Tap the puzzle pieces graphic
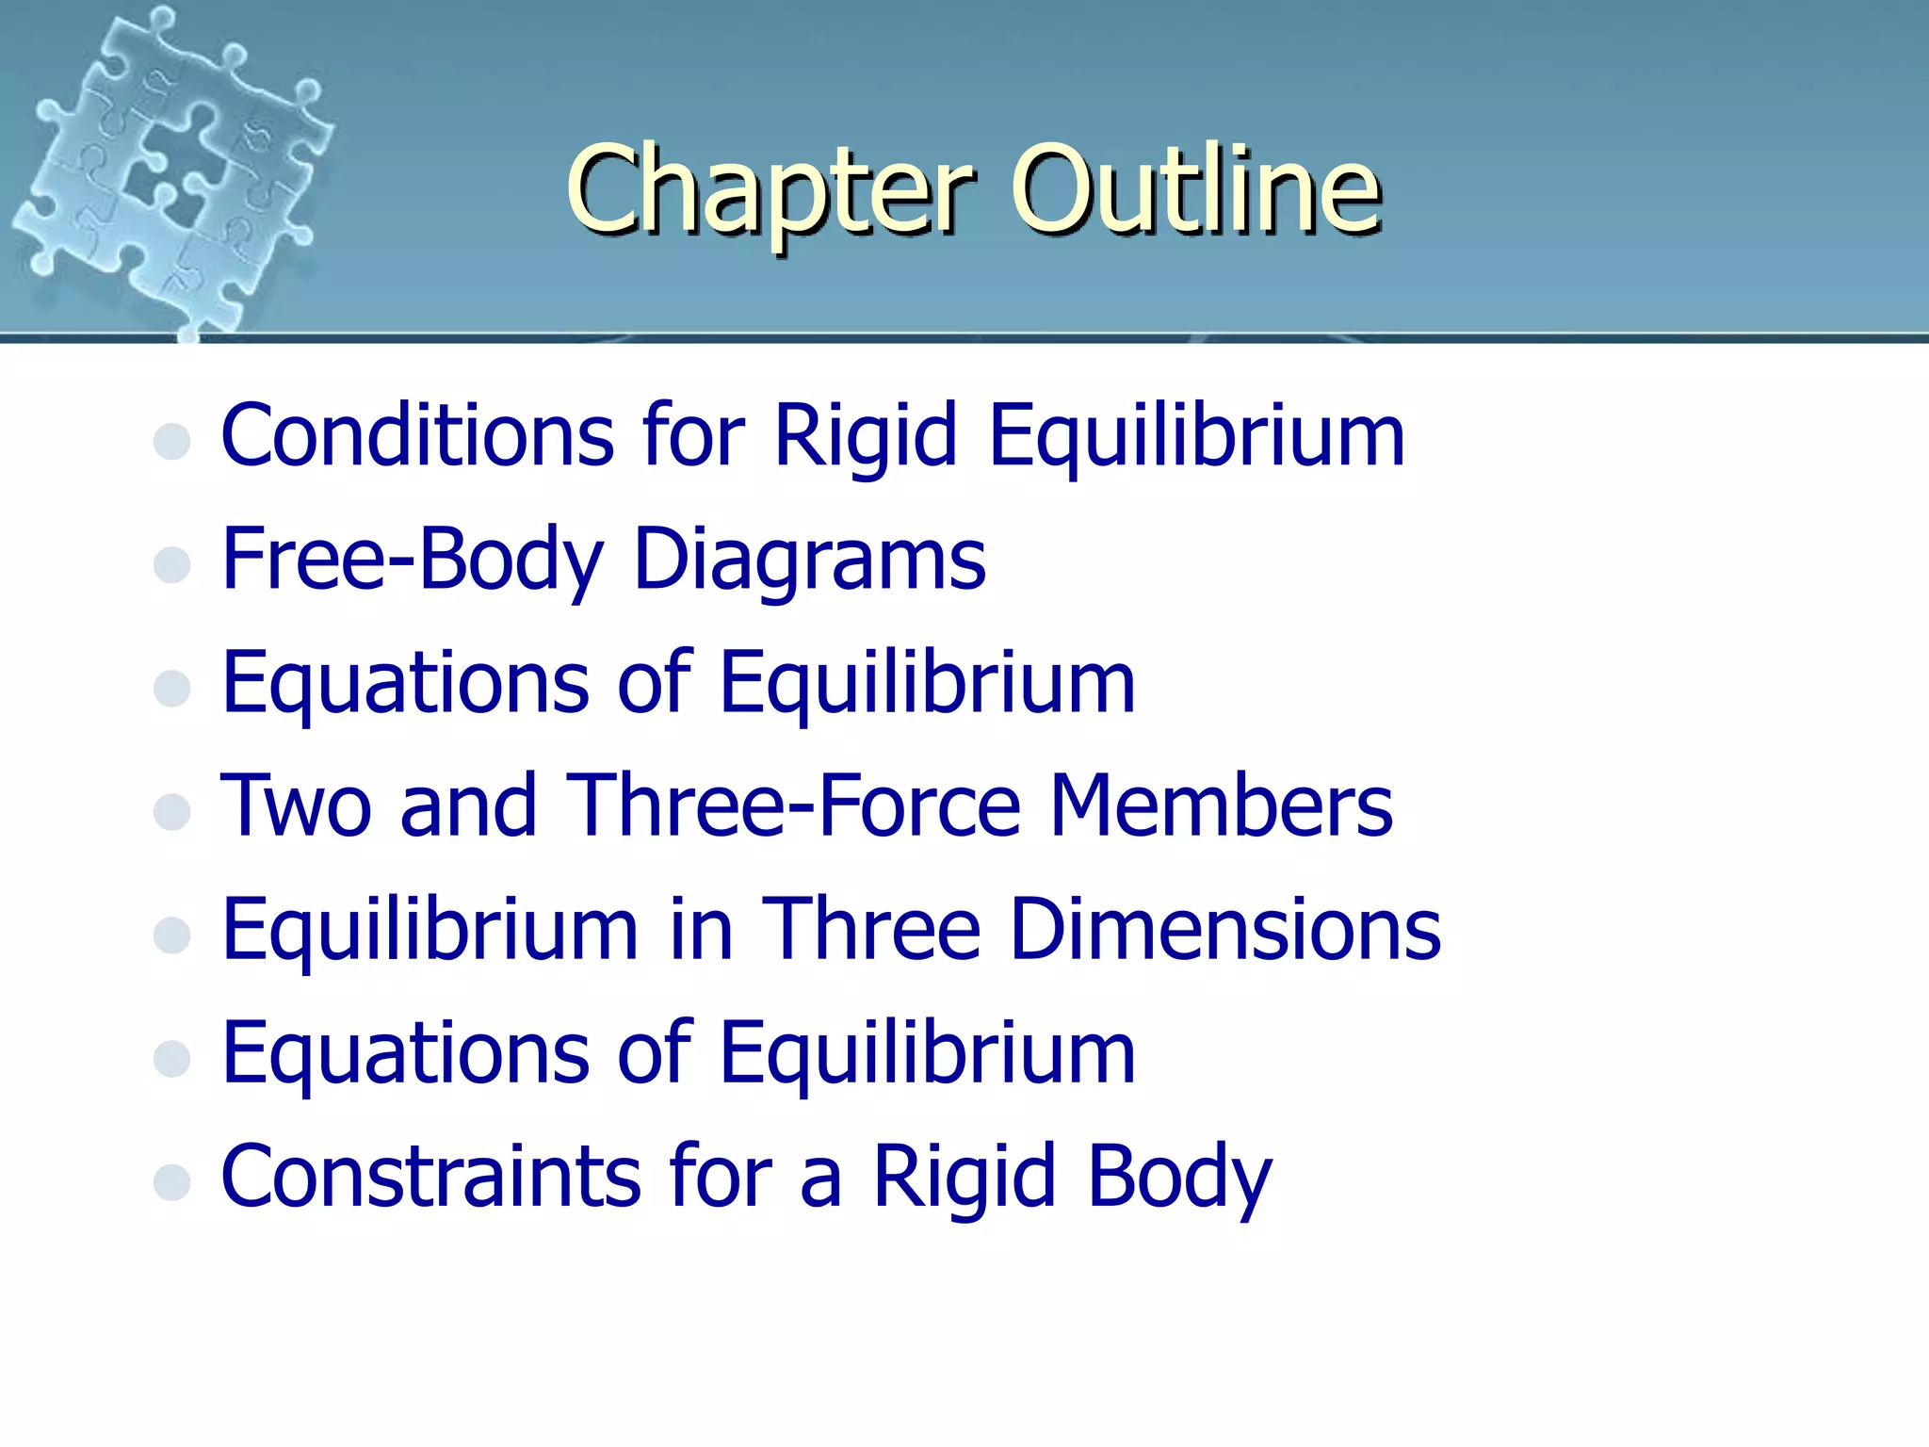pos(170,174)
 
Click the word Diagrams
pos(810,561)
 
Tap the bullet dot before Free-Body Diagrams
pos(172,564)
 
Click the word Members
pos(1221,805)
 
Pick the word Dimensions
pos(1224,930)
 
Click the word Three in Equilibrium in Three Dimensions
pos(871,930)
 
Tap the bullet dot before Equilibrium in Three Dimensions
pos(172,935)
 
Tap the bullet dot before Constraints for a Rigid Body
pos(172,1181)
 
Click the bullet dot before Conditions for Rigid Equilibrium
pos(172,441)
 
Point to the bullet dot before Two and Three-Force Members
pos(172,811)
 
